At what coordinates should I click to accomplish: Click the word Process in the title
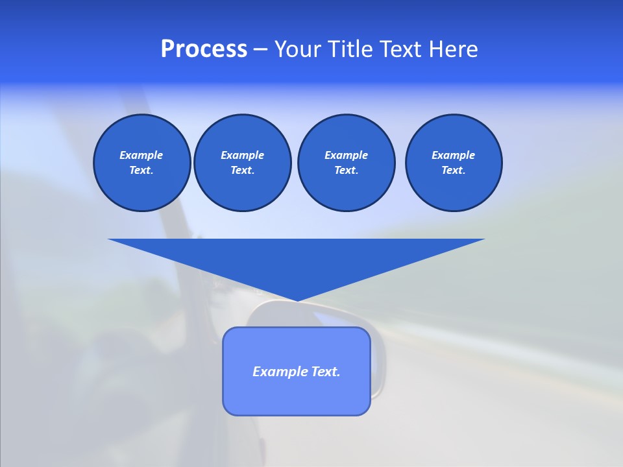pos(204,49)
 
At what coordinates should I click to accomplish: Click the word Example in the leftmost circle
pos(141,155)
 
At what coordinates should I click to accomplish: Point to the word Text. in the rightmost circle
pos(454,170)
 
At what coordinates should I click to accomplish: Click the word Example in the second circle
pos(242,155)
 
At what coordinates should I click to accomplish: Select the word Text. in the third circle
pos(346,170)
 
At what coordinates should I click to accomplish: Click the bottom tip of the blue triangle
pos(297,300)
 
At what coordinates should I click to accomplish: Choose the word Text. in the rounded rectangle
pos(325,372)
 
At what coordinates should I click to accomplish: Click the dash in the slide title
pos(261,49)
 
